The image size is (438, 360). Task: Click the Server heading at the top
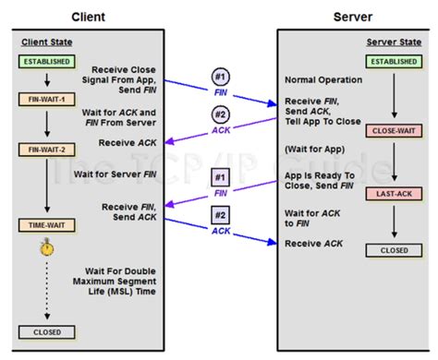(x=354, y=16)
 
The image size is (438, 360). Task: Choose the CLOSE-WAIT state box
(x=394, y=132)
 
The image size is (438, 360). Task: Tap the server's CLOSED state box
(x=394, y=249)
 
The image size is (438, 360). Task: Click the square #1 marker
(x=219, y=178)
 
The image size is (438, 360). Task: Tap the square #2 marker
(x=219, y=217)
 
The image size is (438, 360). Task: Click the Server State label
(x=393, y=43)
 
